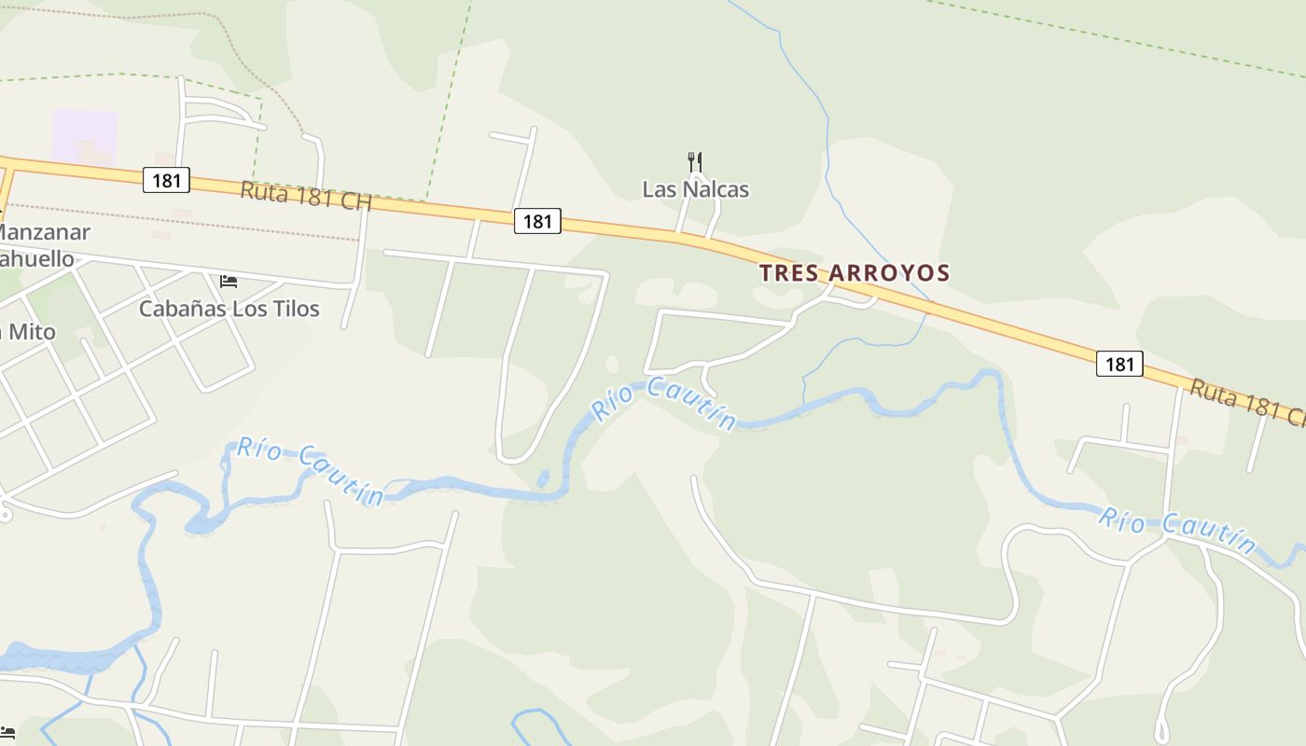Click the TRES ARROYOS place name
[x=854, y=273]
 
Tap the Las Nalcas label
[x=695, y=189]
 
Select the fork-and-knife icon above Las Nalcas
[x=694, y=162]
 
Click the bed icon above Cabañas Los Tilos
[x=229, y=281]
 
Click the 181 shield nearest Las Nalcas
[x=537, y=221]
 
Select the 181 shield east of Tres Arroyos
[x=1118, y=364]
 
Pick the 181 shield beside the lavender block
[x=166, y=180]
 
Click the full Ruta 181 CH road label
[x=306, y=196]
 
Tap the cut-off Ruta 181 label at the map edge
[x=1246, y=403]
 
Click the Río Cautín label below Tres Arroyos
[x=664, y=403]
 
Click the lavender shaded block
[x=85, y=135]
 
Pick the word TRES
[x=789, y=273]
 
